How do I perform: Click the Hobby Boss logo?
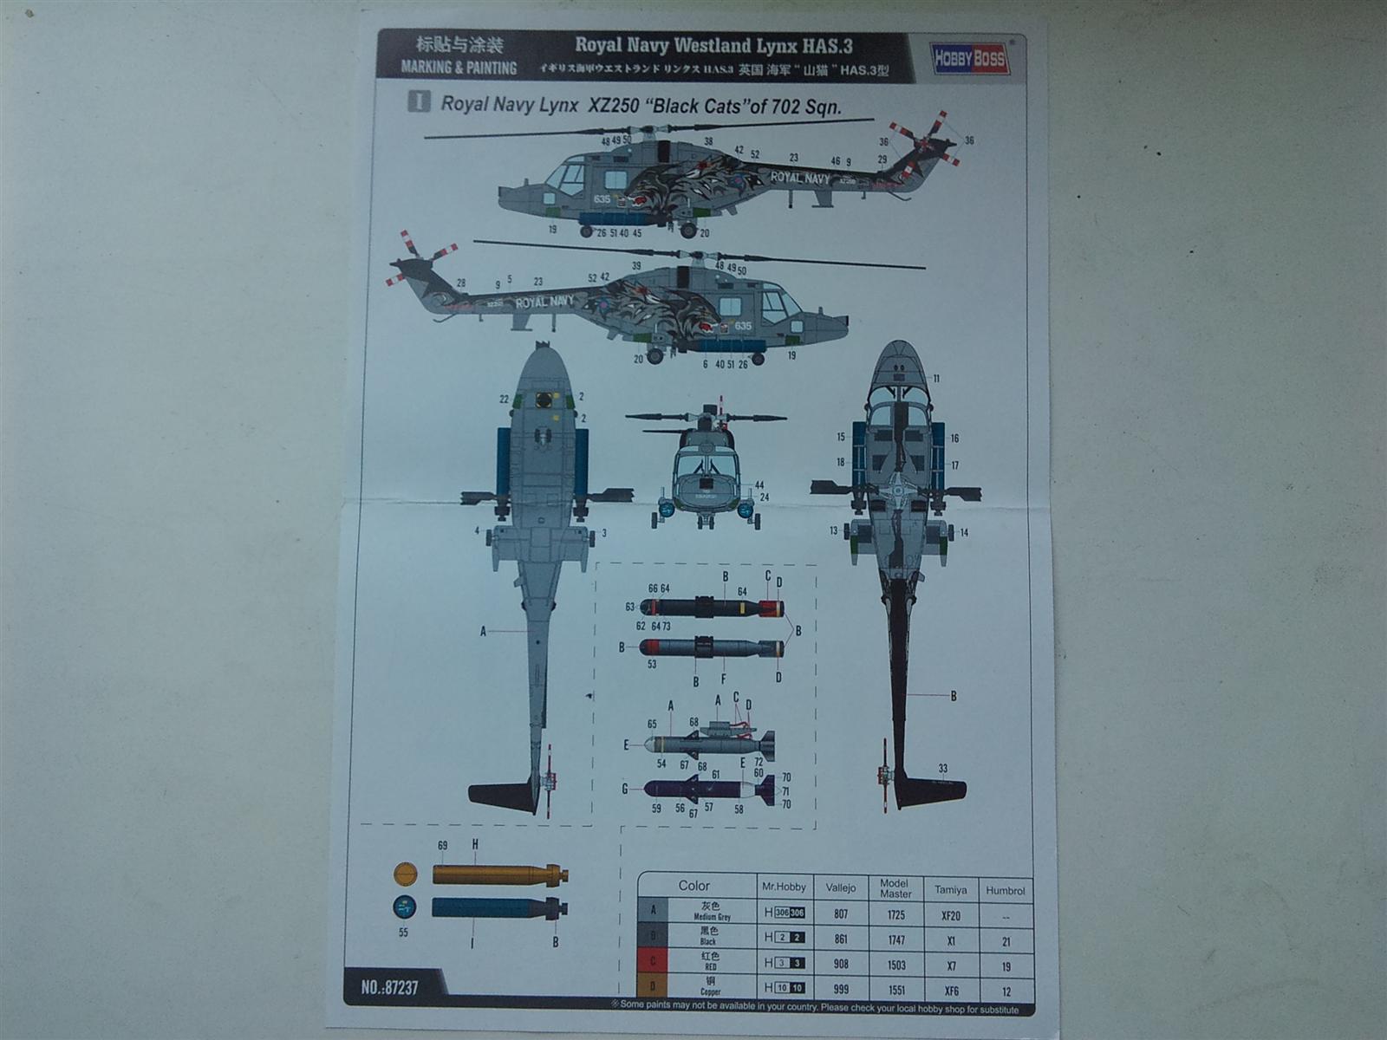(970, 59)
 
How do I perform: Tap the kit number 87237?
(390, 986)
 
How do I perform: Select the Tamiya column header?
(950, 889)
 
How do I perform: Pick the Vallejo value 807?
(840, 913)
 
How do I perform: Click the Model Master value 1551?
(895, 989)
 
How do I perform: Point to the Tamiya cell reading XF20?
(950, 915)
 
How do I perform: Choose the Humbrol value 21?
(1006, 940)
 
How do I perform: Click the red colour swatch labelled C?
(653, 961)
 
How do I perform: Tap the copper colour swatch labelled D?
(653, 986)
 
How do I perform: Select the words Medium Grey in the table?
(711, 917)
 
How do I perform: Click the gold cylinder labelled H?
(498, 874)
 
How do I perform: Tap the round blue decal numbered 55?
(404, 907)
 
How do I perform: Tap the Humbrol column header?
(1005, 890)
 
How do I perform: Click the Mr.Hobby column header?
(784, 887)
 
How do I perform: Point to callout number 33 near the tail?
(942, 768)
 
